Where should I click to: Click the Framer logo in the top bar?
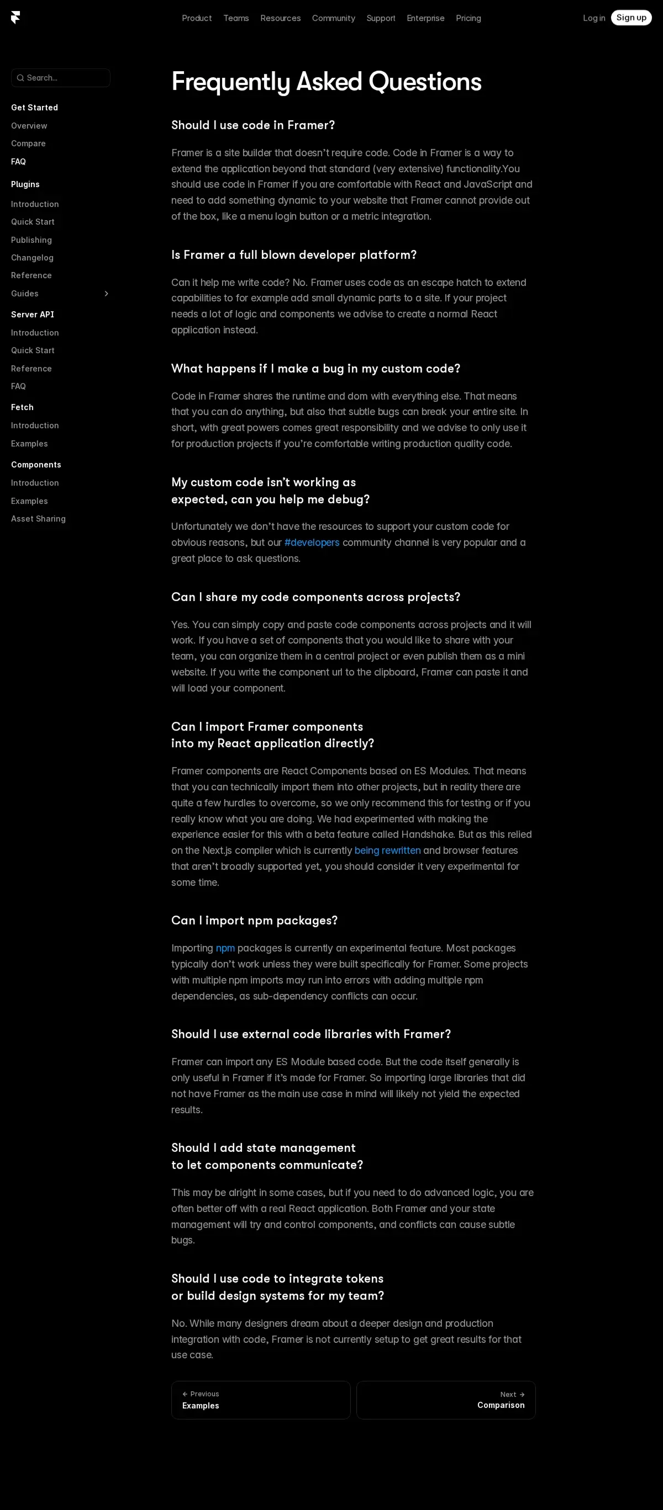[15, 18]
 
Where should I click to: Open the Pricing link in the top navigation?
[468, 18]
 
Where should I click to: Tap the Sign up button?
[631, 18]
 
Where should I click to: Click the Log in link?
[594, 18]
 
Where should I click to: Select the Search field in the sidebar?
[61, 78]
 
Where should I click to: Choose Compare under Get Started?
[28, 143]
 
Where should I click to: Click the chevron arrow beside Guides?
[106, 294]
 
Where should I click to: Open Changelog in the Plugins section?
[32, 258]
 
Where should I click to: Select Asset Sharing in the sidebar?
[38, 519]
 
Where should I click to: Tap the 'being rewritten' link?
[387, 850]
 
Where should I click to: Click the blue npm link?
[225, 948]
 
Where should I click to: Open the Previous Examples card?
[261, 1400]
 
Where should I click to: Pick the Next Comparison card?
[446, 1400]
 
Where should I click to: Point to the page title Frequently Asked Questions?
[326, 82]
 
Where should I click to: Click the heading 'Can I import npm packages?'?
[255, 921]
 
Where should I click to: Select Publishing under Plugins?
[31, 240]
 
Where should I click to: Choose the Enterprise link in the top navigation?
[425, 18]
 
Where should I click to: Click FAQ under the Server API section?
[18, 386]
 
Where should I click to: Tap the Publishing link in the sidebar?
[31, 240]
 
